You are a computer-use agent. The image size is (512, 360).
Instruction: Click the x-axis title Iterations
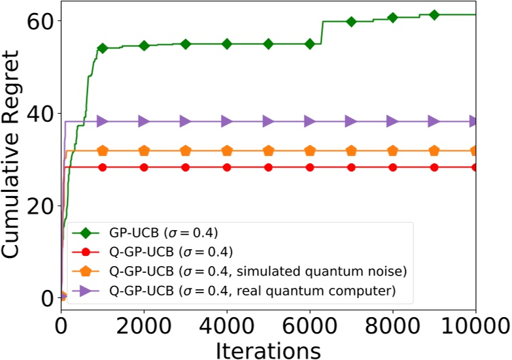269,349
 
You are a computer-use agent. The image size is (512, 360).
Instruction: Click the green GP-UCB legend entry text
163,231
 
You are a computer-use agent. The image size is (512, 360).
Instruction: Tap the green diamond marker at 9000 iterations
434,15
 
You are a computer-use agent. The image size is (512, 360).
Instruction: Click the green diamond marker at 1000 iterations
103,48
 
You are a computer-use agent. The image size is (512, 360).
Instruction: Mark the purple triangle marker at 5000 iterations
269,121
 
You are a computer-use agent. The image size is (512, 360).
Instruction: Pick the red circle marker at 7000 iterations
351,167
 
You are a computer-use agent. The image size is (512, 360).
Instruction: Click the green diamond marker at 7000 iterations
351,22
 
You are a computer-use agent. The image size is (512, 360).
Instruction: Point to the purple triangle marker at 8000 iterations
392,121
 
